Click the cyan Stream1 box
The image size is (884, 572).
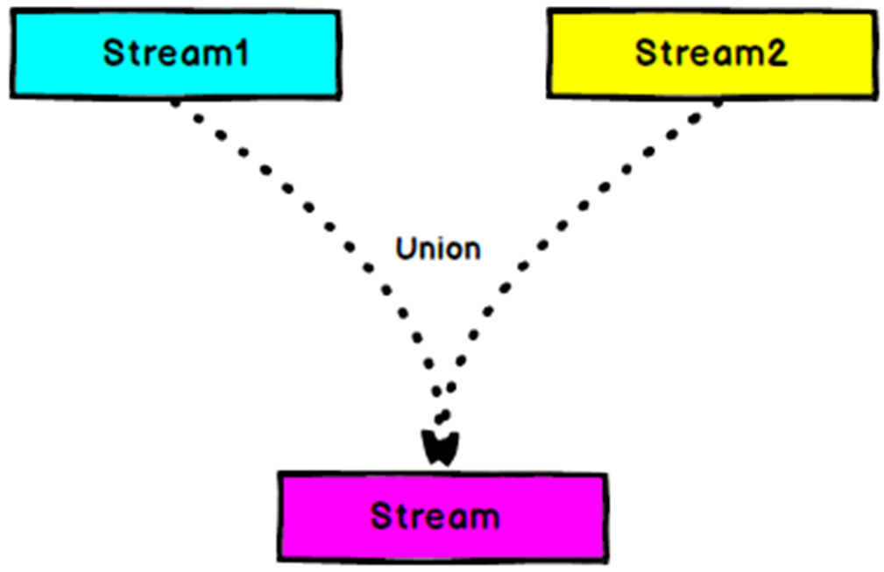tap(175, 53)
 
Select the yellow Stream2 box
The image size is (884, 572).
tap(711, 53)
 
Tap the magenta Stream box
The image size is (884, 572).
tap(442, 516)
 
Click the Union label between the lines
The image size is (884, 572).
tap(438, 249)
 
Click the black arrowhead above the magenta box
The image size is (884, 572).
tap(442, 448)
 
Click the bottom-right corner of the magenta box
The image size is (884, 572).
tap(605, 558)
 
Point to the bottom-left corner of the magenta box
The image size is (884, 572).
tap(280, 556)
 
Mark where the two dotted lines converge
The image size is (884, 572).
tap(442, 412)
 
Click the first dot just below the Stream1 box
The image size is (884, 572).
tap(176, 102)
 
